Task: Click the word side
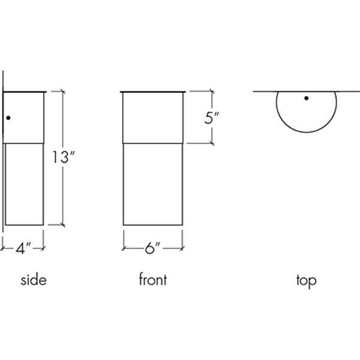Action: [x=34, y=280]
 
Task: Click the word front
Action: [x=152, y=280]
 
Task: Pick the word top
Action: [x=306, y=280]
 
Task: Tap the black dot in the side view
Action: [x=8, y=118]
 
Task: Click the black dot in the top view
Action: [x=306, y=98]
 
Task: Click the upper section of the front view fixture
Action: [x=152, y=117]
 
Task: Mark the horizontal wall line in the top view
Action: [x=264, y=92]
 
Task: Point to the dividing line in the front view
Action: [x=152, y=142]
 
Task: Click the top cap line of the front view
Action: [x=152, y=92]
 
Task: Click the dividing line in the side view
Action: [x=24, y=142]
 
